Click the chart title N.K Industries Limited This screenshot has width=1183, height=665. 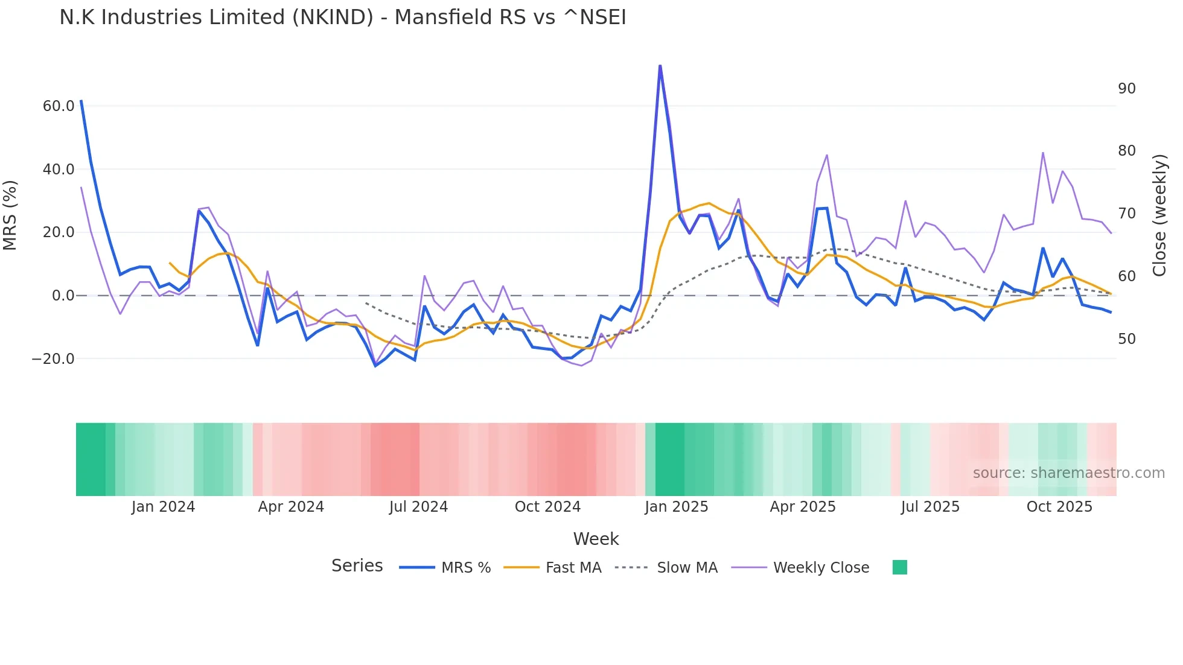342,17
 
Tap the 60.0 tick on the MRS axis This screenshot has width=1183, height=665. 59,106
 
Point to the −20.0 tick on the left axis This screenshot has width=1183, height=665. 53,359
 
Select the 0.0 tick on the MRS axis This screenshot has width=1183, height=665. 63,296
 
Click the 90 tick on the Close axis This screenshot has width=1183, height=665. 1126,89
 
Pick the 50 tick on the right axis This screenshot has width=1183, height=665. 1126,339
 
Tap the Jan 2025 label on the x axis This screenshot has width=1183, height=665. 676,507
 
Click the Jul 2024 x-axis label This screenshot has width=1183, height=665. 418,507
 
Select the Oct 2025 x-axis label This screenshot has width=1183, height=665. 1059,507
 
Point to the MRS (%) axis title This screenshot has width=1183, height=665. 10,215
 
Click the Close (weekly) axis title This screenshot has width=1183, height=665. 1159,215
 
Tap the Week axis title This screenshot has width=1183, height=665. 596,539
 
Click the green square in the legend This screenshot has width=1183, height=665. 899,567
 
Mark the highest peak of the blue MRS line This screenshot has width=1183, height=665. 660,66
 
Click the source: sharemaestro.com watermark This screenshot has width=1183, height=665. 1068,473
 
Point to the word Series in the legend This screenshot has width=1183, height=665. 357,566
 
